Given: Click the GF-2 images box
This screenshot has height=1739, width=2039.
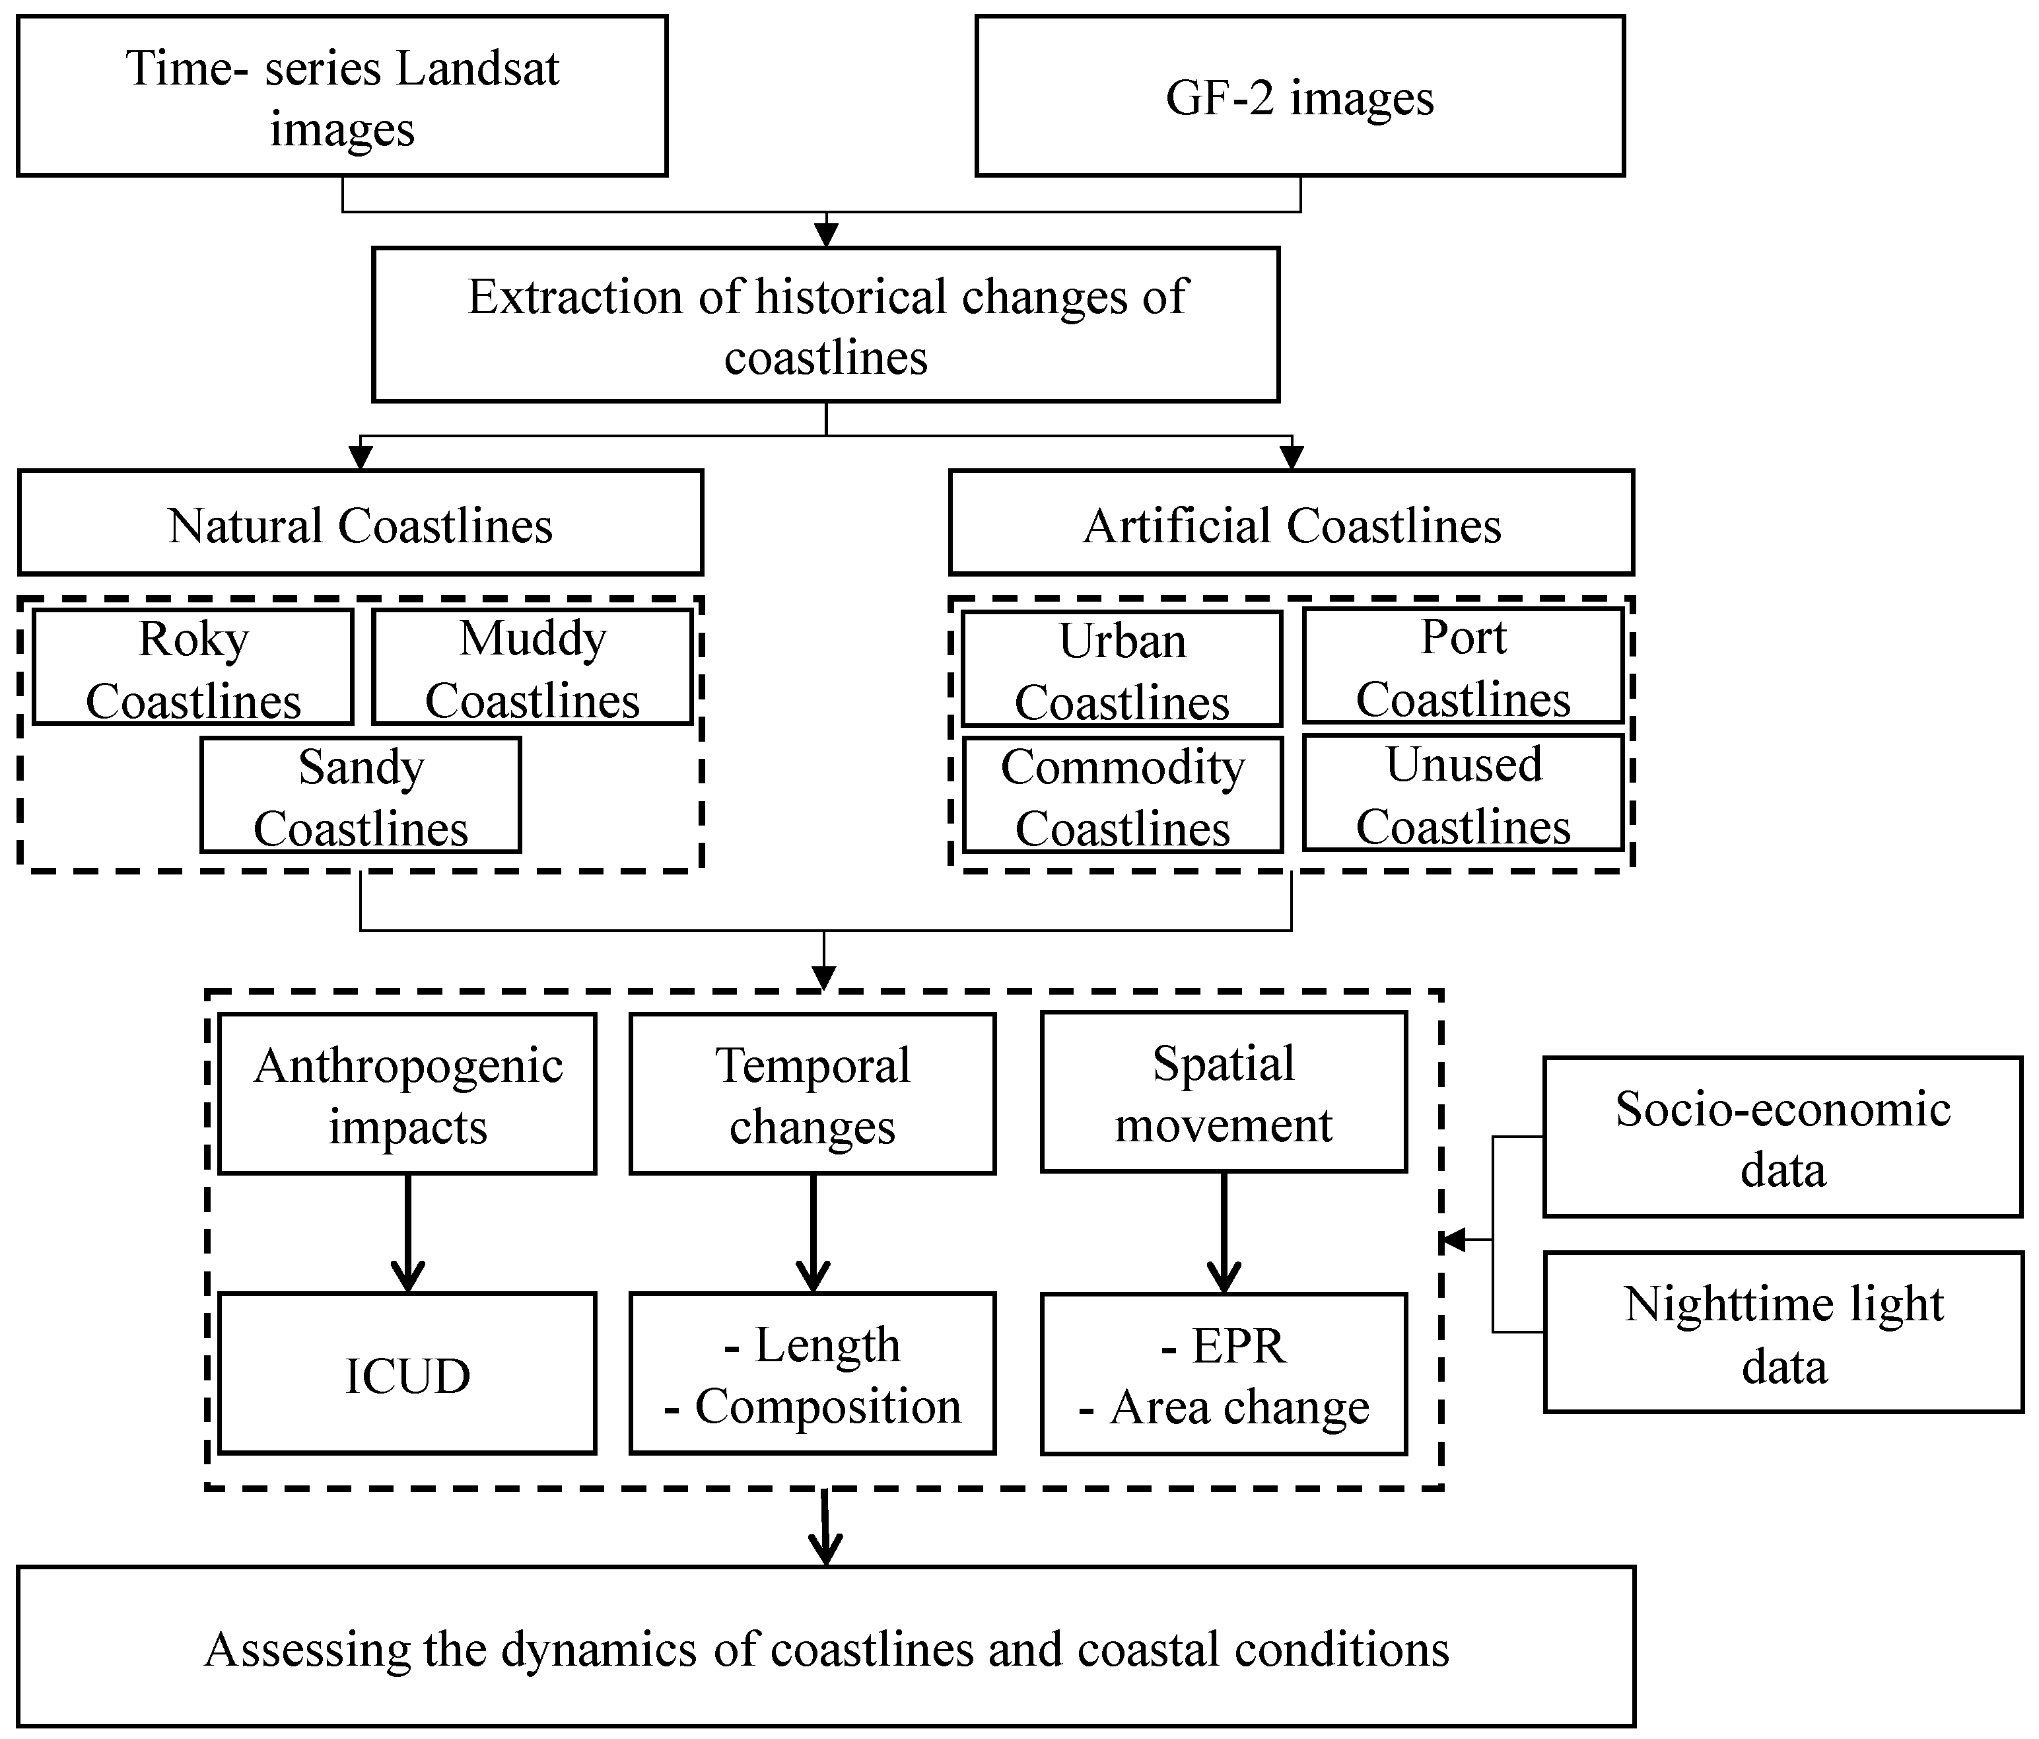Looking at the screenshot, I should click(x=1299, y=96).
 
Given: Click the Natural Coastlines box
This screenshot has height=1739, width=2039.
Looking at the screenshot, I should click(x=360, y=524).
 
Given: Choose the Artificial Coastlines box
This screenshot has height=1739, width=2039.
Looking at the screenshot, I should click(x=1291, y=524).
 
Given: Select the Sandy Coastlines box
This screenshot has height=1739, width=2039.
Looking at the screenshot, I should click(x=360, y=795).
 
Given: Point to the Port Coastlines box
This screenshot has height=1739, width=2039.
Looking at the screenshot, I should click(x=1463, y=666).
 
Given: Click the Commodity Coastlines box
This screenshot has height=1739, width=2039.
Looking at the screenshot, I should click(x=1122, y=795).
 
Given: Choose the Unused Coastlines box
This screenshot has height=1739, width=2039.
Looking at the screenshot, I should click(x=1463, y=793).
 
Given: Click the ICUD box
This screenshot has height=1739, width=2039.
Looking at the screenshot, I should click(x=407, y=1374).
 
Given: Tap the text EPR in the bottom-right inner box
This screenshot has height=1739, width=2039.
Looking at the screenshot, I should click(x=1238, y=1345).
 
